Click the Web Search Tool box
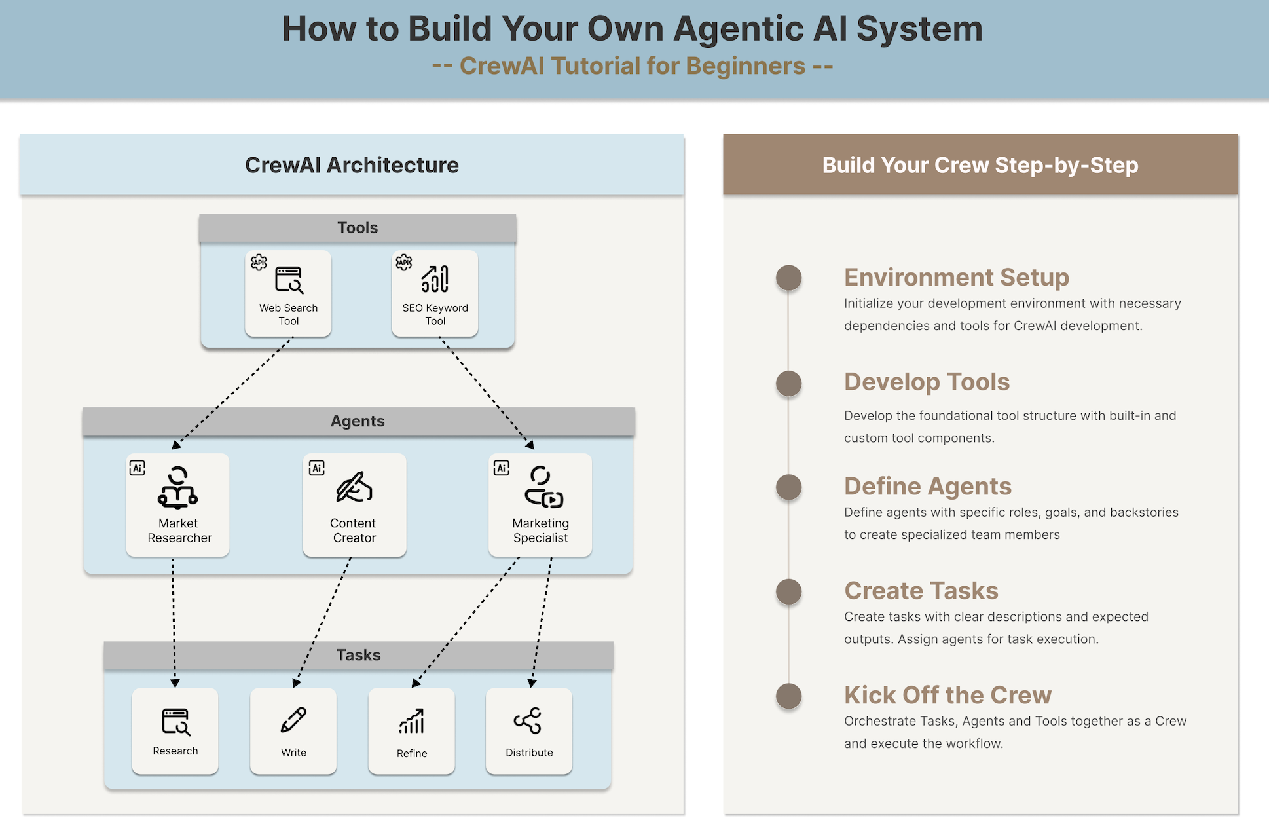288,294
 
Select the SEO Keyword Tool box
435,294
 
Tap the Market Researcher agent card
178,505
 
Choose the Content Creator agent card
354,505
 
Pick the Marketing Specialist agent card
540,505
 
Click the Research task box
175,731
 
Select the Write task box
293,731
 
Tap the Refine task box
411,731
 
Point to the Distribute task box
529,731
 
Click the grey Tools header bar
358,228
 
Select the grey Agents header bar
358,421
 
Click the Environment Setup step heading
956,277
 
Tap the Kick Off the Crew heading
947,695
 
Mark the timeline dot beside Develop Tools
788,383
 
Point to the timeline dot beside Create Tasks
788,591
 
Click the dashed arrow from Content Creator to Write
323,622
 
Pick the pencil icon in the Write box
293,720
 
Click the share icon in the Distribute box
528,720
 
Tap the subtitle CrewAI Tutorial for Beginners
633,66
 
